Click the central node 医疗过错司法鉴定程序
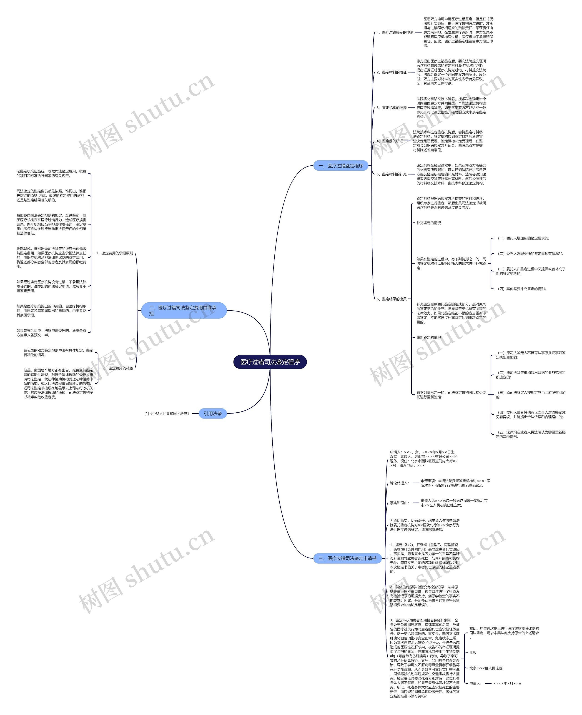[x=270, y=362]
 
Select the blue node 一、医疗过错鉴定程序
[x=341, y=165]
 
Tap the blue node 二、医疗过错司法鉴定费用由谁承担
[x=184, y=310]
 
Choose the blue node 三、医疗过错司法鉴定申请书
[x=347, y=558]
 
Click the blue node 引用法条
[x=213, y=414]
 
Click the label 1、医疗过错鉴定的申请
[x=395, y=32]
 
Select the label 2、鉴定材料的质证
[x=391, y=72]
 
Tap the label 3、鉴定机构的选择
[x=391, y=108]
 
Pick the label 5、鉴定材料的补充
[x=391, y=174]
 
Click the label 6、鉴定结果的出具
[x=391, y=299]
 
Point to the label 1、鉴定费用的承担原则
[x=115, y=253]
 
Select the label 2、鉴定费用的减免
[x=118, y=368]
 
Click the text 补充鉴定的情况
[x=429, y=223]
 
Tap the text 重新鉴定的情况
[x=429, y=337]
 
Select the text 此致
[x=473, y=653]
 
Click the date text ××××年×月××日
[x=507, y=683]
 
